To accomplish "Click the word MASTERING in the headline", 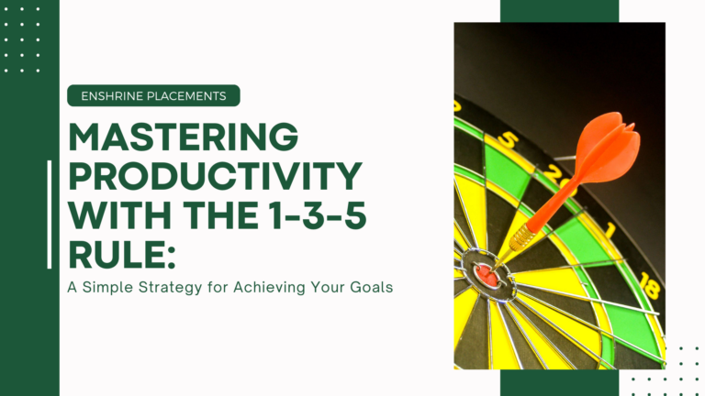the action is click(184, 137).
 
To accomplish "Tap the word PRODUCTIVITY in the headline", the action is click(216, 176).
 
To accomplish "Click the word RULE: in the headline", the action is click(121, 255).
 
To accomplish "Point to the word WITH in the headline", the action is click(121, 215).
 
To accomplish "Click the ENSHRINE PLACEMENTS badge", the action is click(154, 95).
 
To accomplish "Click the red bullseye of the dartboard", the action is click(487, 275).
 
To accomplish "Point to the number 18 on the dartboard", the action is click(650, 285).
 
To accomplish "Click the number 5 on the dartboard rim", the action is click(507, 139).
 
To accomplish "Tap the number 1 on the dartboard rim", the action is click(610, 230).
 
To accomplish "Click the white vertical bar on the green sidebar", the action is click(50, 214).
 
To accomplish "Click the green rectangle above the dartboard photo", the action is click(559, 11).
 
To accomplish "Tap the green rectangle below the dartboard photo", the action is click(559, 382).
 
